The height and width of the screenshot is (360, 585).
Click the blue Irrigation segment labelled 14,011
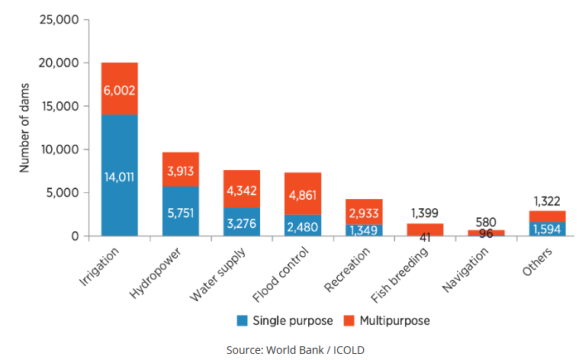click(119, 175)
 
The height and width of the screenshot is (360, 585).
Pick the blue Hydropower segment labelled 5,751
click(181, 211)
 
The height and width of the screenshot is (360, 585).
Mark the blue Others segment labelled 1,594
click(548, 228)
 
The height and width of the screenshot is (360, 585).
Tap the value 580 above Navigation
click(486, 222)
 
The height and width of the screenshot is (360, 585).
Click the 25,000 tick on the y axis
click(58, 19)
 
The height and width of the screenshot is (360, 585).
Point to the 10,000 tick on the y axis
click(58, 149)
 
